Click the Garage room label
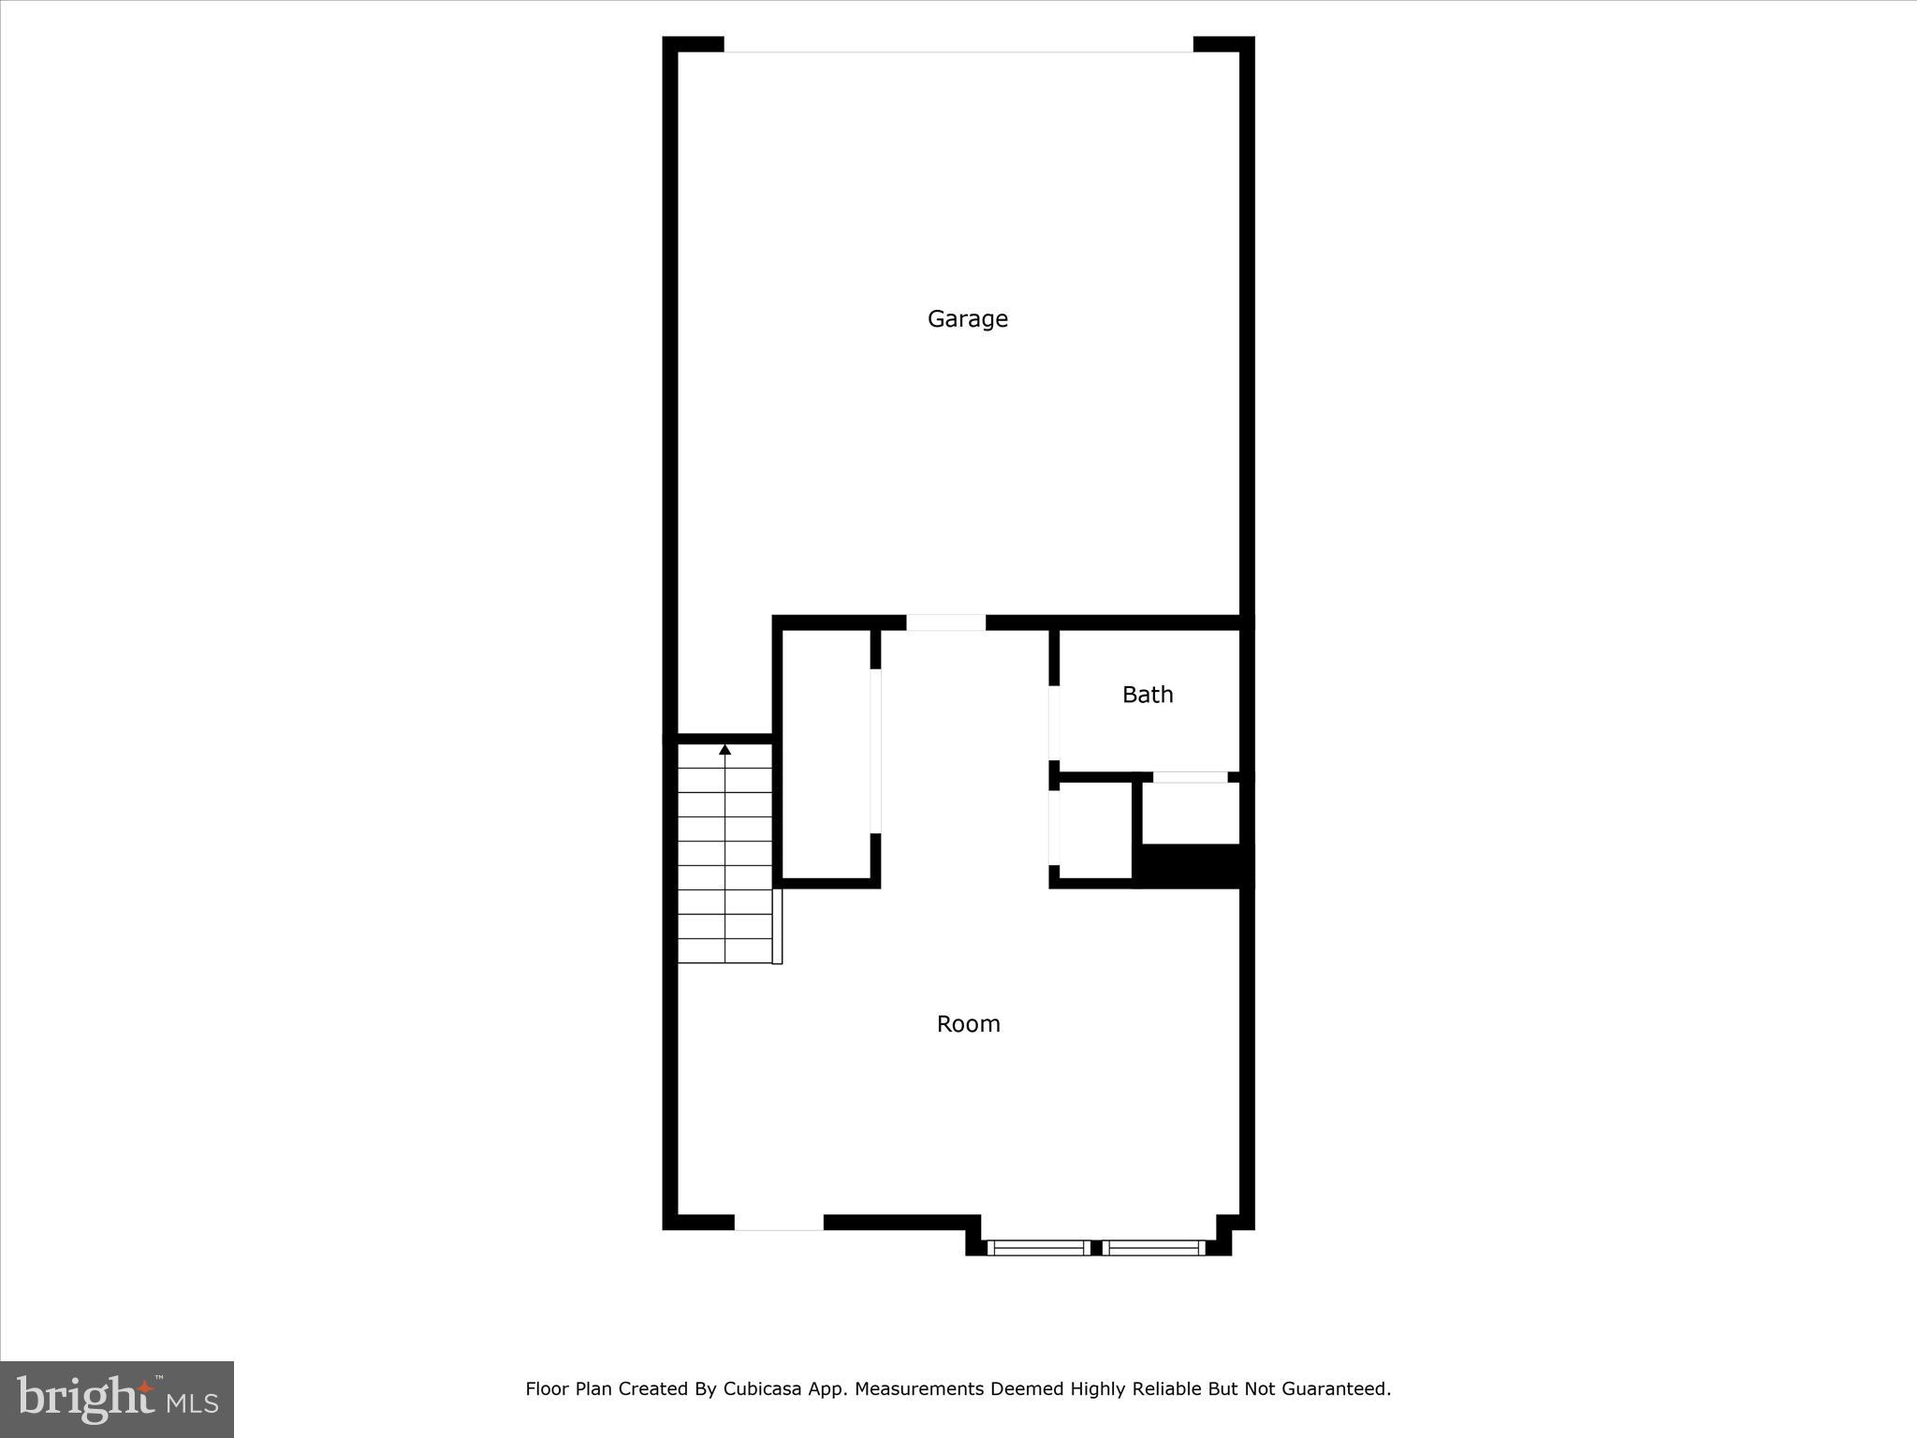click(967, 319)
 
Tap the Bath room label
click(1148, 695)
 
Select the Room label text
click(968, 1024)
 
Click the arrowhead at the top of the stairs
click(724, 750)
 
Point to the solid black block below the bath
click(1193, 866)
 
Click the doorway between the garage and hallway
click(945, 623)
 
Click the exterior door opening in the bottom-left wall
click(779, 1223)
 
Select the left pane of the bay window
click(1039, 1247)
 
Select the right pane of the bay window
click(1153, 1247)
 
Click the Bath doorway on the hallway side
click(1054, 723)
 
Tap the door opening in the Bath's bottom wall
click(1190, 777)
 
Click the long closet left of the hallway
click(826, 755)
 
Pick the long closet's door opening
click(875, 751)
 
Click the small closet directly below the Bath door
click(1093, 831)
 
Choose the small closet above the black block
click(1191, 813)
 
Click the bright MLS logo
click(117, 1399)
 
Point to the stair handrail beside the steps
click(777, 926)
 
